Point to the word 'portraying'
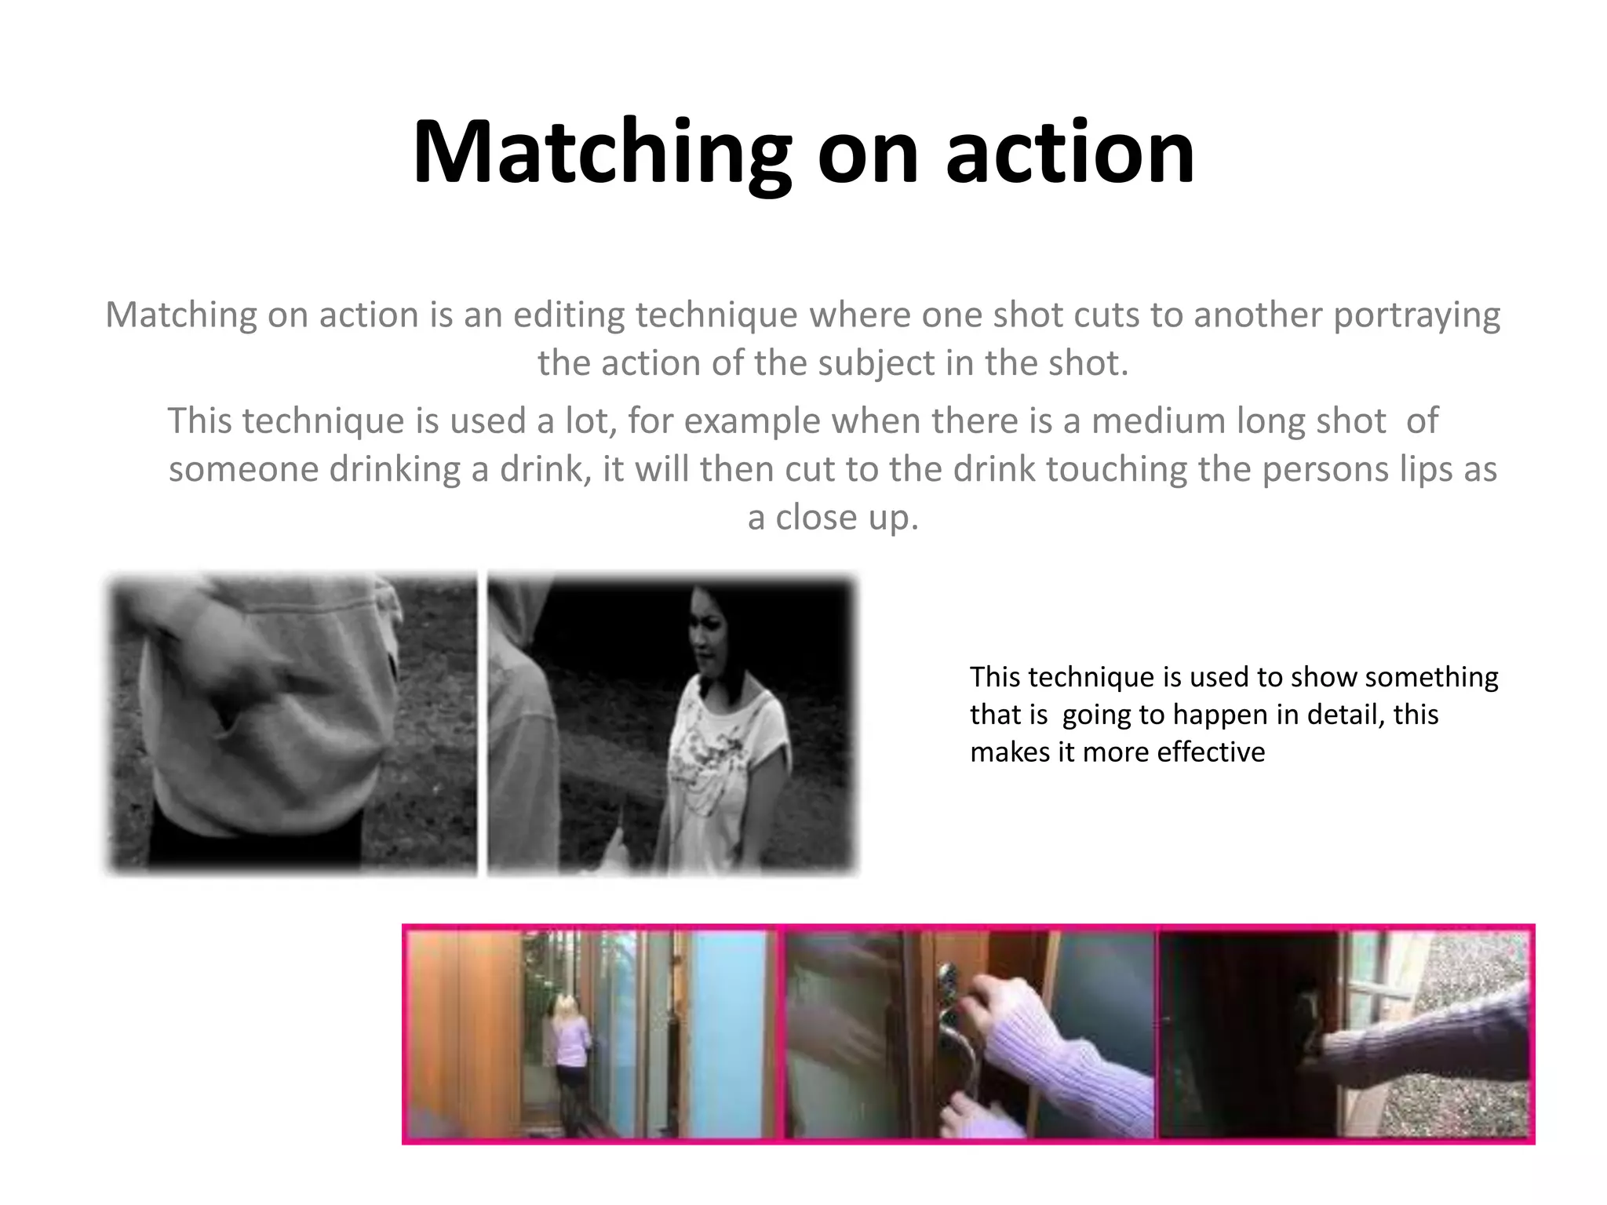[1416, 315]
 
